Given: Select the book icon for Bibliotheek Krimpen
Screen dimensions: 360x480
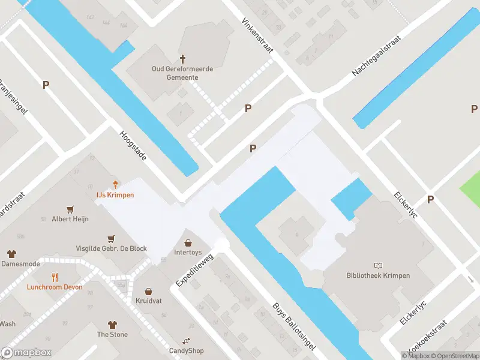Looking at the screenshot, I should point(378,265).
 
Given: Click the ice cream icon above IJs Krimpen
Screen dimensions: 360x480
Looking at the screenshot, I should point(115,184).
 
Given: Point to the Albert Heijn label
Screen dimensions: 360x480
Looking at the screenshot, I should point(70,219).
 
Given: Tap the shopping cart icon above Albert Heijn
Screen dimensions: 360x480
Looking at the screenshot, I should point(71,209).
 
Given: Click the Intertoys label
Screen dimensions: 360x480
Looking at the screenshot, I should point(188,253).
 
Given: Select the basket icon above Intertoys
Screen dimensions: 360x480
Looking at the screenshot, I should point(188,242).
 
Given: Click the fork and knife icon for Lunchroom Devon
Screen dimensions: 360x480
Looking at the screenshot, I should point(55,277).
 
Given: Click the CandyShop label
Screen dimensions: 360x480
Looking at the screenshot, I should point(186,350).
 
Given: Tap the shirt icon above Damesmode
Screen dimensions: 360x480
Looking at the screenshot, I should point(11,254).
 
